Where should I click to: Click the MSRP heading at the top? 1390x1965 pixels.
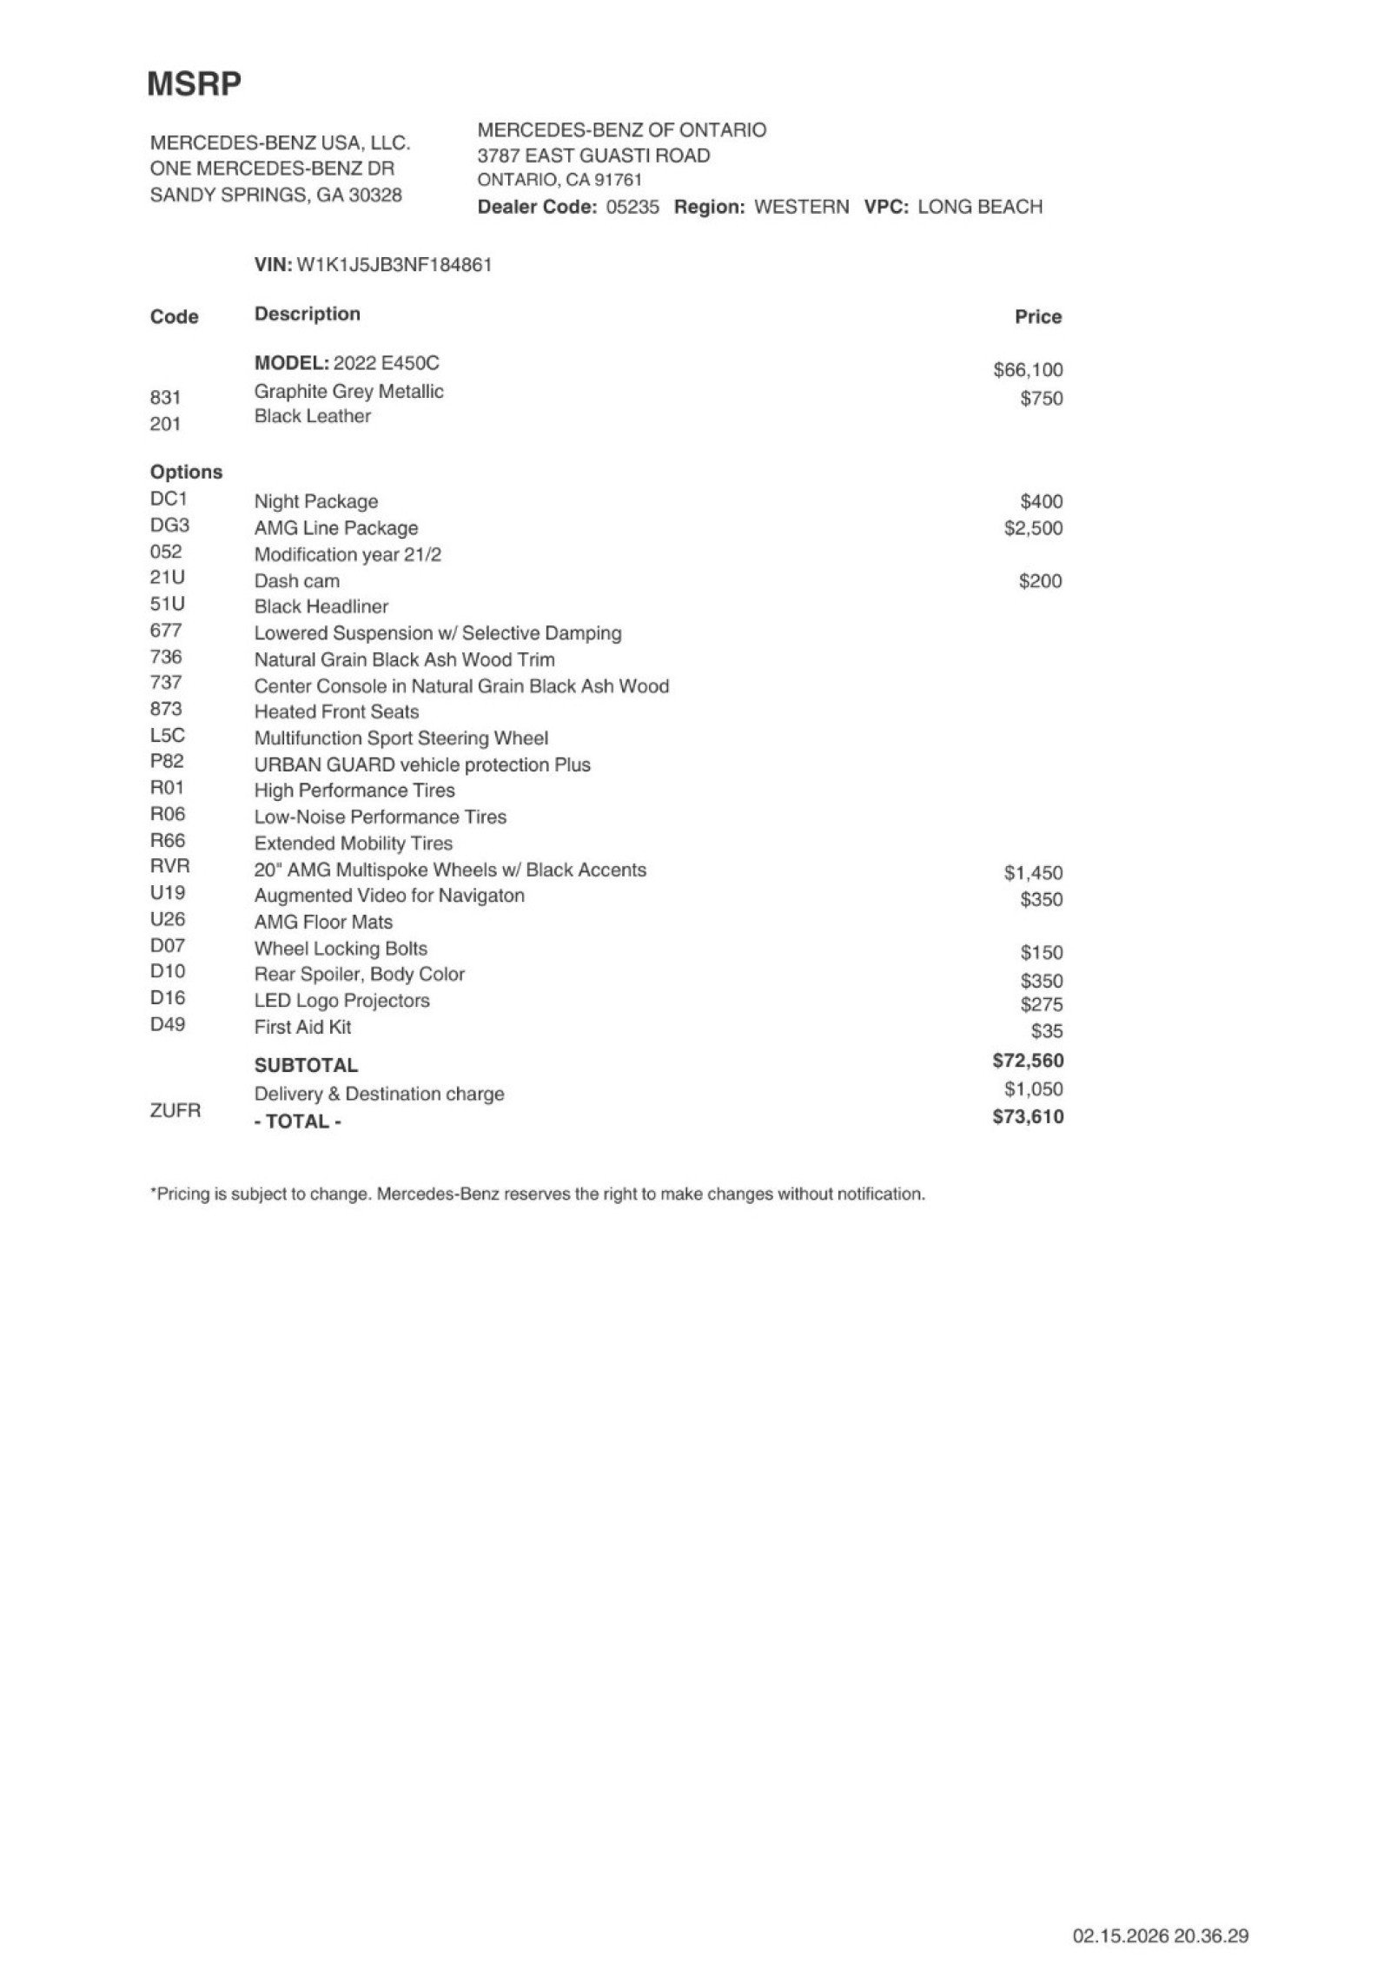pyautogui.click(x=194, y=84)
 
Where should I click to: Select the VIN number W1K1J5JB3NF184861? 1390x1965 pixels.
pyautogui.click(x=394, y=265)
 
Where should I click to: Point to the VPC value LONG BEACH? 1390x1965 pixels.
pyautogui.click(x=979, y=207)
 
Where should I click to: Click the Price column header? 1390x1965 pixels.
pyautogui.click(x=1037, y=317)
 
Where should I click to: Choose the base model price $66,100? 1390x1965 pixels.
pyautogui.click(x=1028, y=370)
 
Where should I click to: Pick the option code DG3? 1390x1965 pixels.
pyautogui.click(x=169, y=526)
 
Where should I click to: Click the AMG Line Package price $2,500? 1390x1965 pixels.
pyautogui.click(x=1033, y=528)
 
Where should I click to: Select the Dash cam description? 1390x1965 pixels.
pyautogui.click(x=296, y=581)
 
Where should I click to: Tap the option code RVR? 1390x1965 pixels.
pyautogui.click(x=169, y=866)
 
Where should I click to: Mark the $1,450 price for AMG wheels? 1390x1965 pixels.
pyautogui.click(x=1033, y=873)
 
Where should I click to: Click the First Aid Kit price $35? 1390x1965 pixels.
pyautogui.click(x=1047, y=1031)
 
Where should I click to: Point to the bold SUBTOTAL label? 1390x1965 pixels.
pyautogui.click(x=306, y=1065)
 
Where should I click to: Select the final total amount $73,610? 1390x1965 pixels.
pyautogui.click(x=1028, y=1117)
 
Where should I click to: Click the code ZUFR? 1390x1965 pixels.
pyautogui.click(x=175, y=1110)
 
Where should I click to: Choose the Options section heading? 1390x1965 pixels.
pyautogui.click(x=186, y=473)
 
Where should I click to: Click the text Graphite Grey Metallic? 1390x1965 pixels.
pyautogui.click(x=348, y=392)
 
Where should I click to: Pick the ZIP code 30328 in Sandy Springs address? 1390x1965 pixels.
pyautogui.click(x=374, y=195)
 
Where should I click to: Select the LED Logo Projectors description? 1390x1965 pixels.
pyautogui.click(x=341, y=1001)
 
